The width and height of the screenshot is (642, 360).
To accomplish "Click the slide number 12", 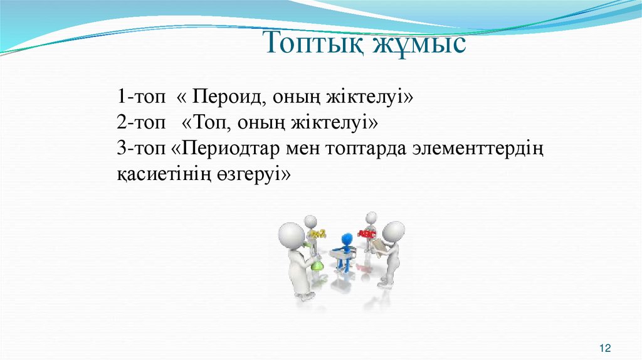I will pyautogui.click(x=605, y=347).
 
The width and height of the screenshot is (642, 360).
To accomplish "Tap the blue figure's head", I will pyautogui.click(x=345, y=240).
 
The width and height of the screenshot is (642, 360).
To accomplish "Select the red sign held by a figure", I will pyautogui.click(x=366, y=234).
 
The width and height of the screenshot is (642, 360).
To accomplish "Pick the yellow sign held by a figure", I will pyautogui.click(x=318, y=234).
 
